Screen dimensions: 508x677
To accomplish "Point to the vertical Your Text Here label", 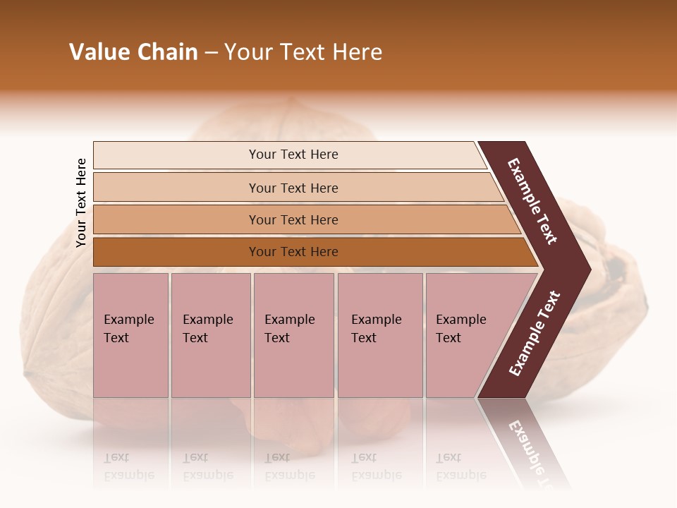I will click(81, 202).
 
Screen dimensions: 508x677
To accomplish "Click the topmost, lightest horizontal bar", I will click(293, 155).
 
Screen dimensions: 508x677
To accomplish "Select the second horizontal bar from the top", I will click(293, 188).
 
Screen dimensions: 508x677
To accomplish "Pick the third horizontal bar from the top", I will click(293, 219).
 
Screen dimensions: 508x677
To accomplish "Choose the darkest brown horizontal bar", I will click(293, 252).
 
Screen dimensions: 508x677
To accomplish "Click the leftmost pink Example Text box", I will click(130, 335).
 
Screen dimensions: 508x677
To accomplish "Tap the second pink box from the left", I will click(210, 335).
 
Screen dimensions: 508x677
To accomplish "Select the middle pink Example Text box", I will click(293, 335).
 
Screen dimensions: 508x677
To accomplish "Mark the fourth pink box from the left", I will click(379, 335).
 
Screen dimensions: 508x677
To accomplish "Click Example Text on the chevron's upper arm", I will click(532, 201).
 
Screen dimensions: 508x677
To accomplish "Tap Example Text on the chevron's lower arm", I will click(535, 333).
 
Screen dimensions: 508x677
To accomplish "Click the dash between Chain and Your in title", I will click(211, 53).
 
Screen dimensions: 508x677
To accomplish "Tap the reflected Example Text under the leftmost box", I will click(129, 466).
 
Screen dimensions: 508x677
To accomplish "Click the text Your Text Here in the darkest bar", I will click(293, 252).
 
